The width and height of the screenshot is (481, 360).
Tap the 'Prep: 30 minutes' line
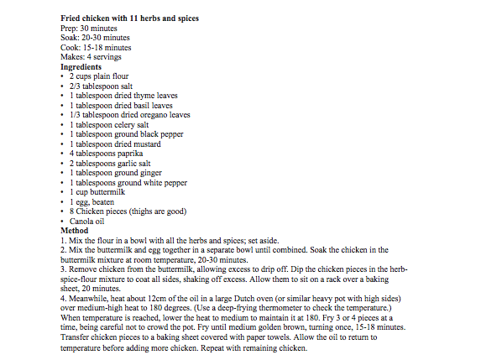point(91,28)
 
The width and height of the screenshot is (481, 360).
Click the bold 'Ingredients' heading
point(81,66)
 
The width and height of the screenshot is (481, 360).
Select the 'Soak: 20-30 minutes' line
point(96,38)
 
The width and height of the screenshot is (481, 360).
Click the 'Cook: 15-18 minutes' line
point(97,47)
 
